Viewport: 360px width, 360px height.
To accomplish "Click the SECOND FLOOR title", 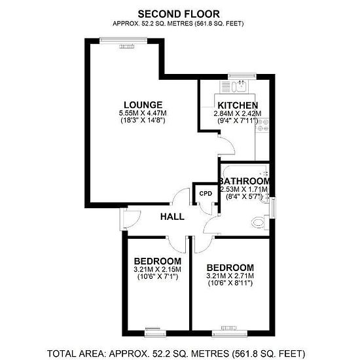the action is pos(179,14).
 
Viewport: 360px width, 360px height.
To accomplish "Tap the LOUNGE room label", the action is pos(143,105).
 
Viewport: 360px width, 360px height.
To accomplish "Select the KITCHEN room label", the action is pos(238,105).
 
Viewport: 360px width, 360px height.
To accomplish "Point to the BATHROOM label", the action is pos(245,181).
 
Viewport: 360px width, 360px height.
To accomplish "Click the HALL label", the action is pos(172,217).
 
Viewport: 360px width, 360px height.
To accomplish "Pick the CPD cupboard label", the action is pos(206,194).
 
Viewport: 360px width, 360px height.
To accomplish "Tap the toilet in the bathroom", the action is pos(260,223).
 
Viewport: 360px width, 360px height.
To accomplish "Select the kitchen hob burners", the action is pos(262,124).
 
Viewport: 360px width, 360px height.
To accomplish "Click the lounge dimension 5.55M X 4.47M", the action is pos(143,113).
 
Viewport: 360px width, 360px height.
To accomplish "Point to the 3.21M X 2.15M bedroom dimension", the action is pos(158,269).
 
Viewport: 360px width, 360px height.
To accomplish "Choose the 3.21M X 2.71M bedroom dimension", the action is pos(230,276).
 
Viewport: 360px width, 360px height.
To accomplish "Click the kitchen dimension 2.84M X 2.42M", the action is pos(238,113).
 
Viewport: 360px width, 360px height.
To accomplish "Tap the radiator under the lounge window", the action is pos(126,46).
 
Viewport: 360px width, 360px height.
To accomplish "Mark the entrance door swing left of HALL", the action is pos(130,219).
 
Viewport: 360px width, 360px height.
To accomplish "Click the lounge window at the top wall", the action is pos(124,41).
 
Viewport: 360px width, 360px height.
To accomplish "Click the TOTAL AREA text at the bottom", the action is pos(176,353).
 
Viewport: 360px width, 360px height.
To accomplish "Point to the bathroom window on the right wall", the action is pos(273,208).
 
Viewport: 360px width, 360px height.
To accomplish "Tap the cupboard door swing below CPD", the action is pos(207,209).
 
